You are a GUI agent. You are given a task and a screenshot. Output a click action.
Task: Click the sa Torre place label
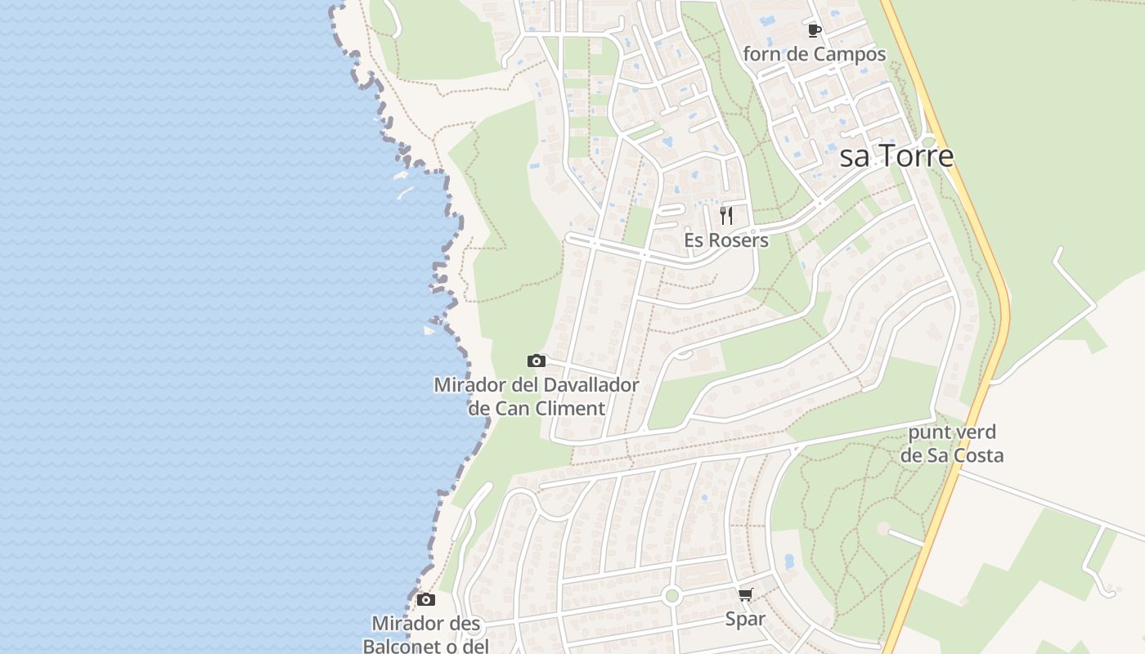point(896,155)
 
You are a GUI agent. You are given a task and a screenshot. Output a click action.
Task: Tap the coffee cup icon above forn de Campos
point(814,31)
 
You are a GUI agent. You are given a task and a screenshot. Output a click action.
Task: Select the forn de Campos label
point(814,55)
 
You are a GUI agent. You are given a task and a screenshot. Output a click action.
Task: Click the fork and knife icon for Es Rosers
point(725,216)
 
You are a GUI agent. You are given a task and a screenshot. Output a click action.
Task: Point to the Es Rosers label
point(727,240)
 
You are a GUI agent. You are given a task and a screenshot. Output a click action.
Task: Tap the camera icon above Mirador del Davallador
point(536,361)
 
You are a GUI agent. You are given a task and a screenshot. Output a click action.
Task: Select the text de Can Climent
point(537,408)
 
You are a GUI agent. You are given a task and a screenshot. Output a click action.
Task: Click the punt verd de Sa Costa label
point(952,444)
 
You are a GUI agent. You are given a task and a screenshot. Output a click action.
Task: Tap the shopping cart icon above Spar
point(745,595)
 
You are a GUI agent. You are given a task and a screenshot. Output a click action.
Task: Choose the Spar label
point(745,619)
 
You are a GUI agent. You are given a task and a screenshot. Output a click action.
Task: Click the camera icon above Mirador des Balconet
point(425,600)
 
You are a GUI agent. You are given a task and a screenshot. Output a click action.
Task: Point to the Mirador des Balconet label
point(426,624)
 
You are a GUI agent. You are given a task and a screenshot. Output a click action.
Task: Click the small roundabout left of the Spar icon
point(672,595)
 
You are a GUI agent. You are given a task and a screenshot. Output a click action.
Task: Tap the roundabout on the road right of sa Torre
point(928,142)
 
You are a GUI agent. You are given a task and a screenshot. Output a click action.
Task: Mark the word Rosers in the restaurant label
point(740,240)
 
